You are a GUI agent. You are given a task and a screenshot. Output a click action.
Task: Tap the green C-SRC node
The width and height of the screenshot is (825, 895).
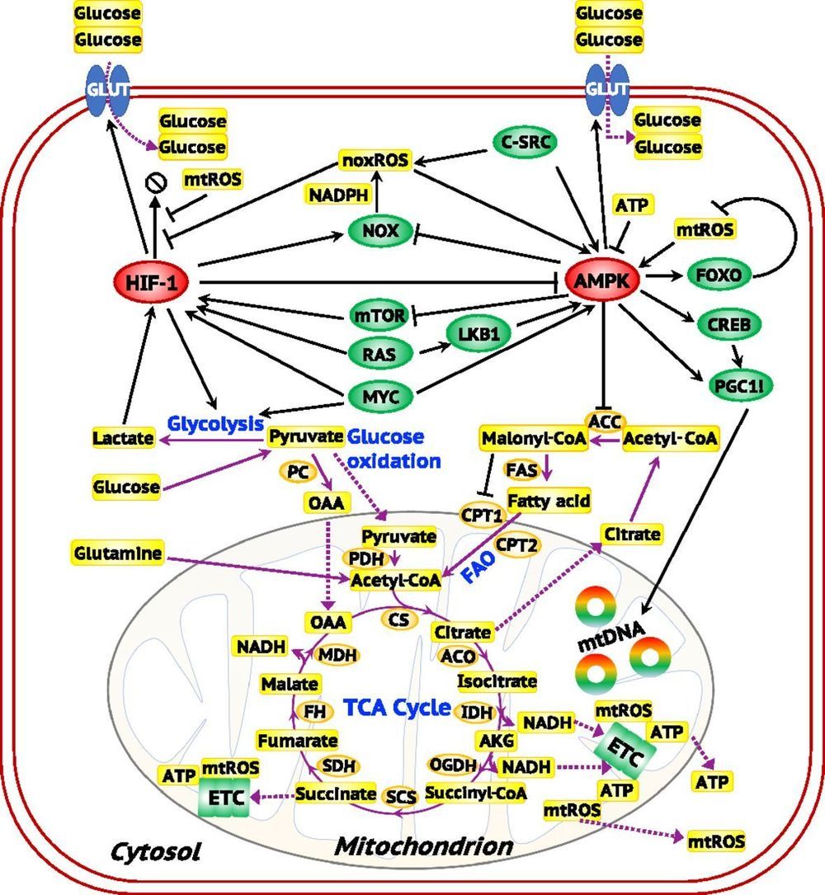pyautogui.click(x=524, y=143)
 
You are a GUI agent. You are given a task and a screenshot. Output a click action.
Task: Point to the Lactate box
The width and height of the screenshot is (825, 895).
pyautogui.click(x=123, y=437)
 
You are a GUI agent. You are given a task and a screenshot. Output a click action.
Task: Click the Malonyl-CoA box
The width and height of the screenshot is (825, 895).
pyautogui.click(x=534, y=438)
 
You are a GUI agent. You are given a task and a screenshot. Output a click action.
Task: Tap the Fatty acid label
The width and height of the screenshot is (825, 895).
pyautogui.click(x=541, y=500)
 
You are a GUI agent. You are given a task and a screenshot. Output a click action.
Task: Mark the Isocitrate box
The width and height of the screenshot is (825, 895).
pyautogui.click(x=497, y=681)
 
